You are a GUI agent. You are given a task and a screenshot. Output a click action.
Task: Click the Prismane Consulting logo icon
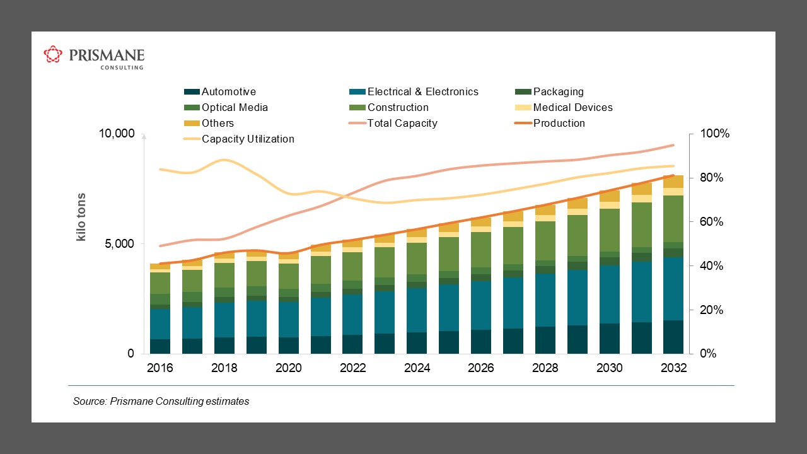click(53, 55)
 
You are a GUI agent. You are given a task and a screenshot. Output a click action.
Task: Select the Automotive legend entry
click(220, 92)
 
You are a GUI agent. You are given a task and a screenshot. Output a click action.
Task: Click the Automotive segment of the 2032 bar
click(673, 337)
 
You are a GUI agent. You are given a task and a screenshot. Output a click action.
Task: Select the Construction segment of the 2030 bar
click(609, 230)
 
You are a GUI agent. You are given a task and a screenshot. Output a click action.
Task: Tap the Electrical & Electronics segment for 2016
click(160, 324)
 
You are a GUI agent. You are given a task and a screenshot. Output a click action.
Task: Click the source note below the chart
click(161, 402)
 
